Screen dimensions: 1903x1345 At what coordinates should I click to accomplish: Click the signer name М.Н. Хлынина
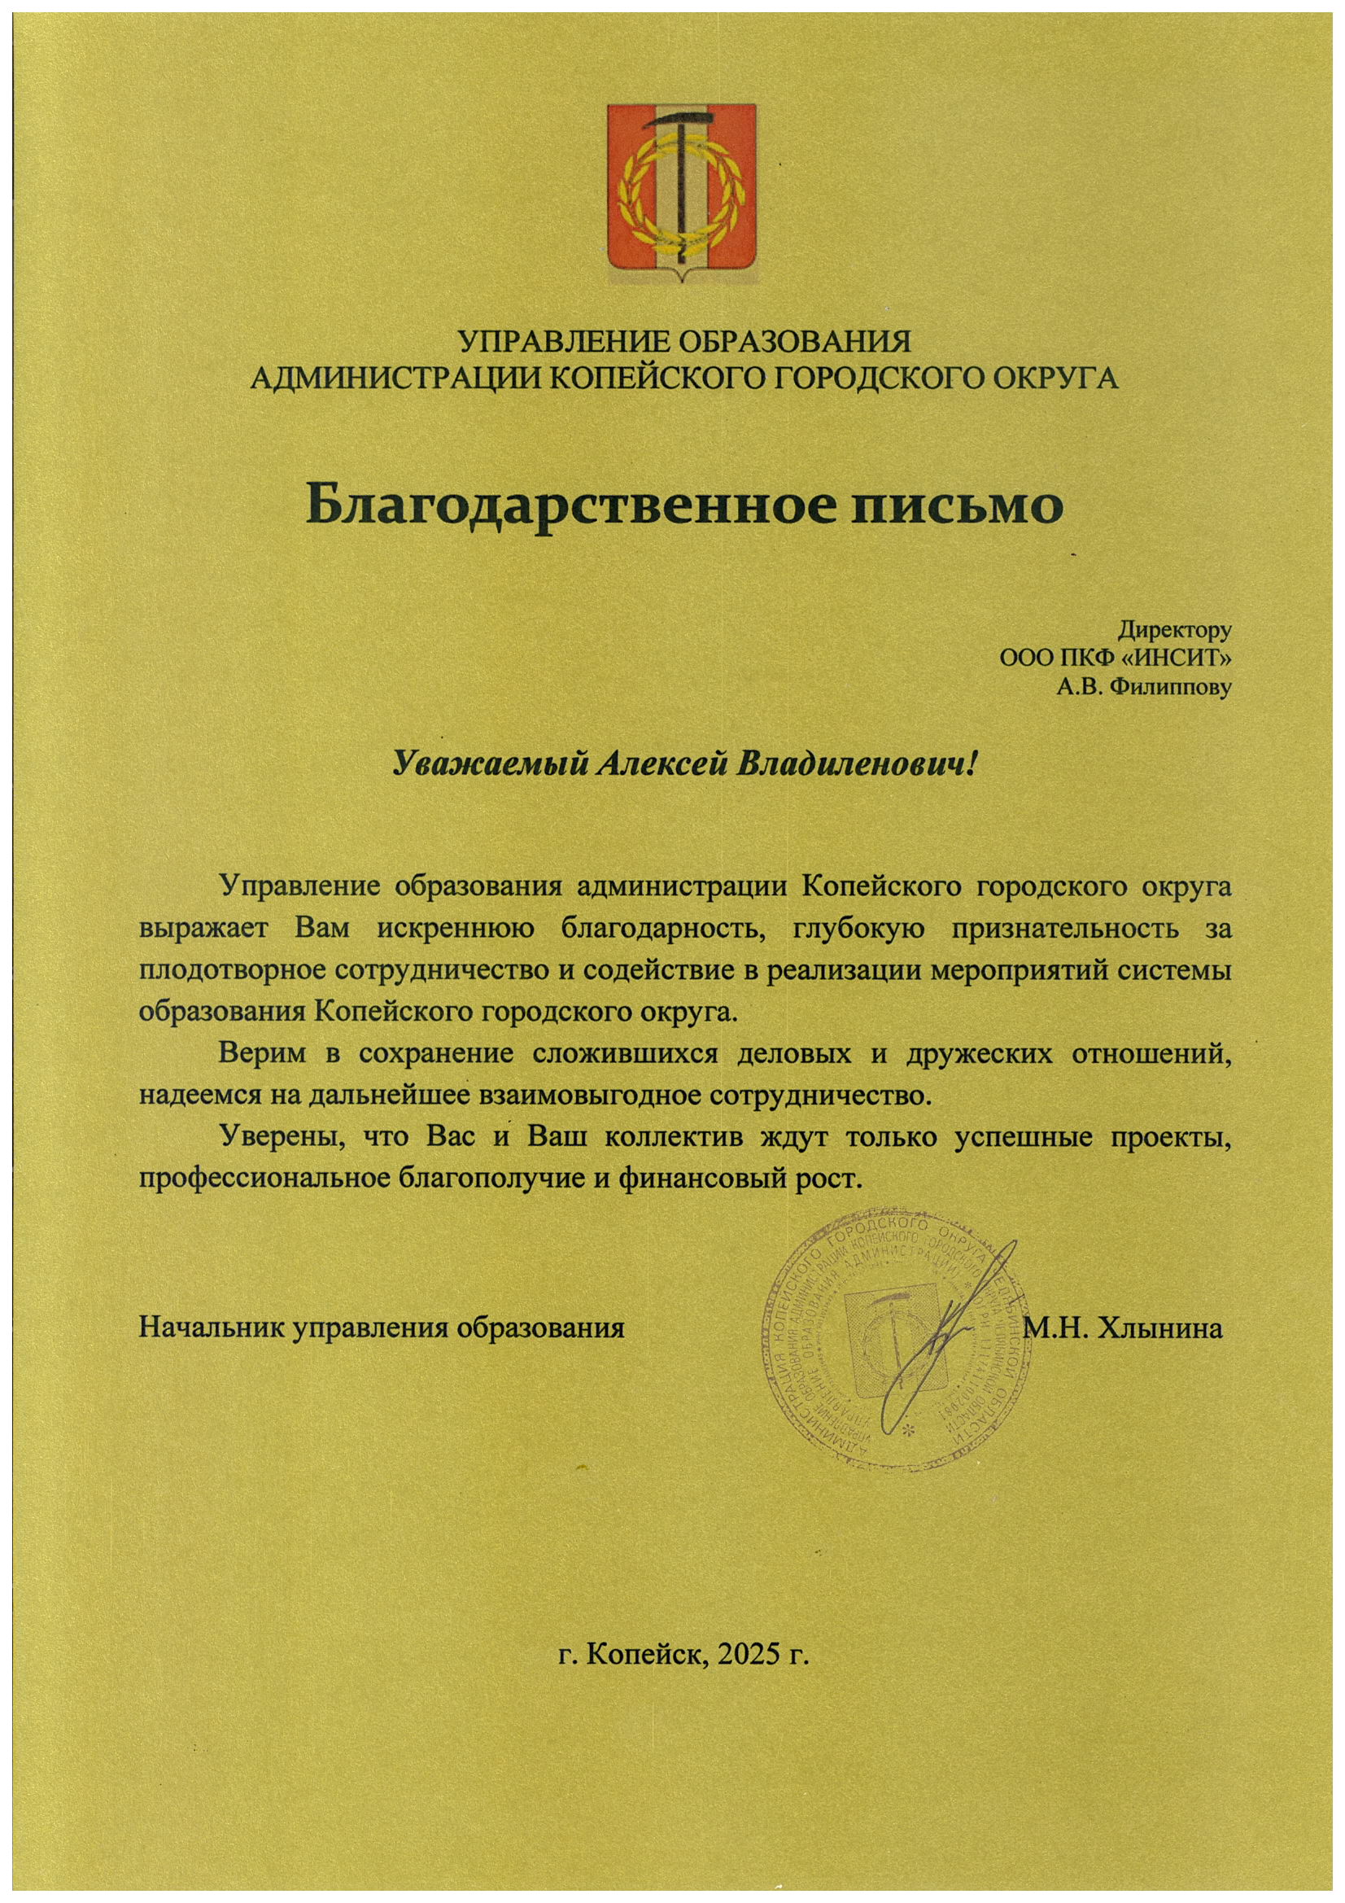tap(1124, 1329)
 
